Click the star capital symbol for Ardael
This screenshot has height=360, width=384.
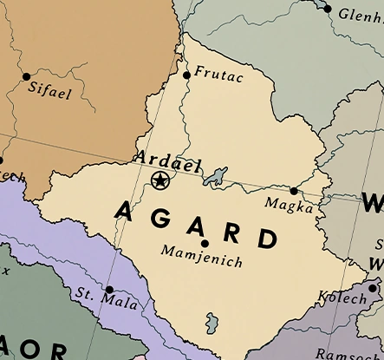tap(159, 180)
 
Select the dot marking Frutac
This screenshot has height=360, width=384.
tap(186, 75)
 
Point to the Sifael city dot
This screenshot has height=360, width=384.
tap(26, 76)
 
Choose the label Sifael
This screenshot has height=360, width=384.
tap(51, 88)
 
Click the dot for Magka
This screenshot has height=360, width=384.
tap(294, 191)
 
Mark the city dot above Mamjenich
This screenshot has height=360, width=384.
tap(205, 243)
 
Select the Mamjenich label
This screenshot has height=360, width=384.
tap(202, 258)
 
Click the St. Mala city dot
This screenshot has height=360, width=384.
tap(109, 290)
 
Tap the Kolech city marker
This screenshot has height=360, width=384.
tap(372, 288)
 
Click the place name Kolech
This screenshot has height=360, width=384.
tap(342, 298)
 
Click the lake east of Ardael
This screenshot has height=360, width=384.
tap(217, 177)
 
